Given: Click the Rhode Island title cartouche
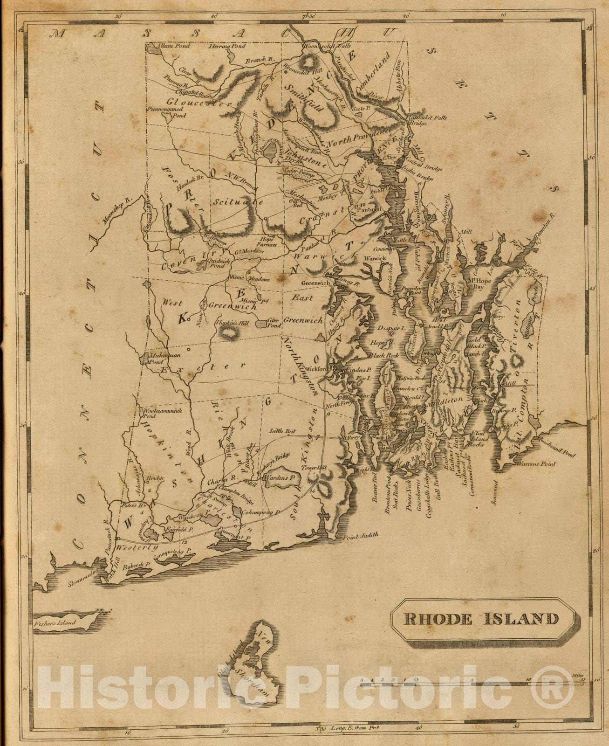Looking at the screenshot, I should (481, 619).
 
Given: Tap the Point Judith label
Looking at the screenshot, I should (360, 536).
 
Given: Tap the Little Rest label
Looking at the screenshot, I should (282, 431).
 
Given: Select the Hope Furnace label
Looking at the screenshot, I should (269, 242).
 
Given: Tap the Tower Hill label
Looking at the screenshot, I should (312, 468).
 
